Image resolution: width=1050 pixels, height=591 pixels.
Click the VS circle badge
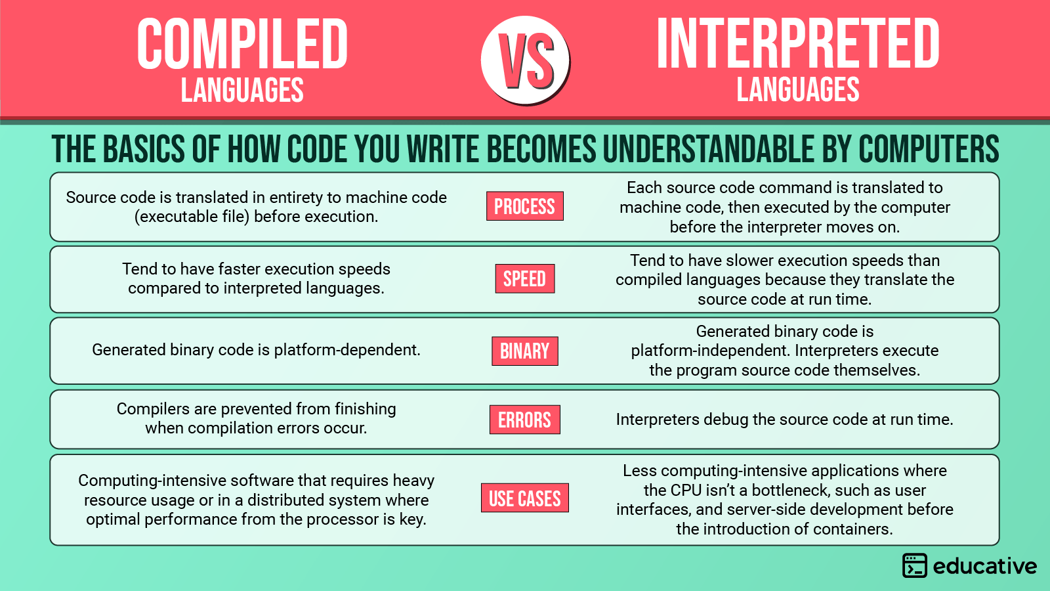coord(525,60)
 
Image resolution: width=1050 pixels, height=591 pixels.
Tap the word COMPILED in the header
coord(242,45)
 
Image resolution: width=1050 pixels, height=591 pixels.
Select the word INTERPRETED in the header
coord(798,45)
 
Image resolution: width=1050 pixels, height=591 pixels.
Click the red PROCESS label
coord(524,206)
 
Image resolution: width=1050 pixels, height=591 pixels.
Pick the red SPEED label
coord(524,278)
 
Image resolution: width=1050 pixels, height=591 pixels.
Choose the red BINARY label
coord(524,351)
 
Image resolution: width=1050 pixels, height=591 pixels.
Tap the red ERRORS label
coord(524,420)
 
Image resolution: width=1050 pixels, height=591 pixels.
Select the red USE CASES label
coord(524,498)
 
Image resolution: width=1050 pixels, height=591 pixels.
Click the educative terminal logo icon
coord(914,565)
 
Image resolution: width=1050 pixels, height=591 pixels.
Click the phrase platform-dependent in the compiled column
coord(346,350)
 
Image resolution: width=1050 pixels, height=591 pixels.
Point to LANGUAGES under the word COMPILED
coord(242,91)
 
